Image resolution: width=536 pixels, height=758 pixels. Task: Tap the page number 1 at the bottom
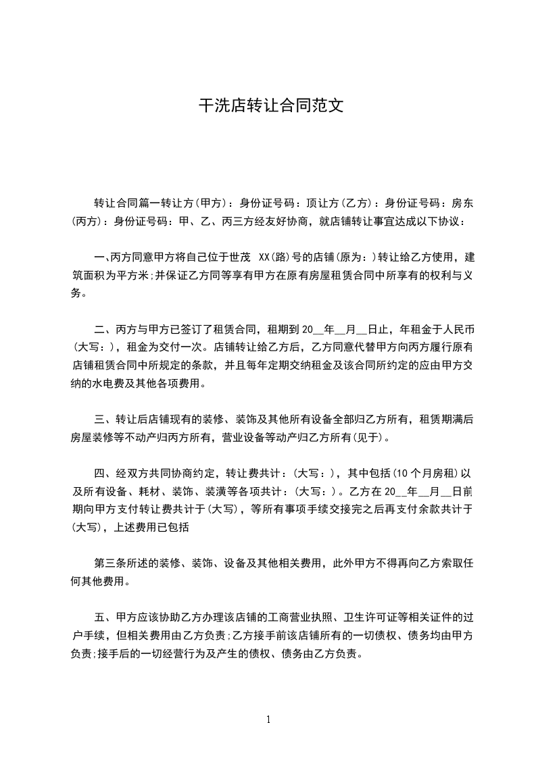pyautogui.click(x=268, y=719)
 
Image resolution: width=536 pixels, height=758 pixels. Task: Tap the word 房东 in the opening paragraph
pyautogui.click(x=462, y=203)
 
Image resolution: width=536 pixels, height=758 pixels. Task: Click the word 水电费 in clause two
pyautogui.click(x=109, y=384)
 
